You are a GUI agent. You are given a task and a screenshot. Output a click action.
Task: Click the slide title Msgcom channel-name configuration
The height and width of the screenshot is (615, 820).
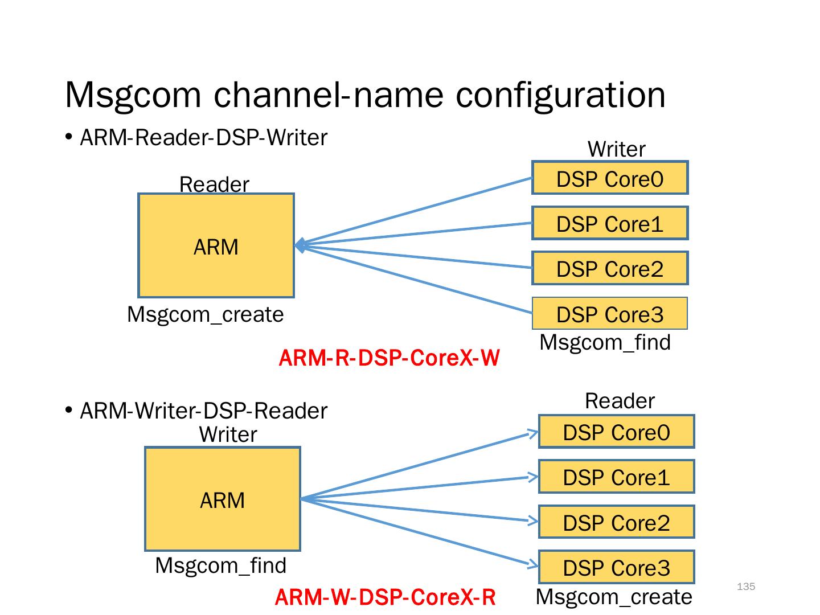coord(365,95)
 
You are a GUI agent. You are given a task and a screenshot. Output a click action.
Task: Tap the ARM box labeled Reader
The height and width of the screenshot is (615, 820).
coord(216,245)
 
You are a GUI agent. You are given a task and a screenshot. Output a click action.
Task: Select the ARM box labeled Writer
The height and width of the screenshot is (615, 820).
coord(223,499)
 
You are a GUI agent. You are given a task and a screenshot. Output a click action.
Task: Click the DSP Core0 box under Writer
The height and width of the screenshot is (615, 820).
coord(610,178)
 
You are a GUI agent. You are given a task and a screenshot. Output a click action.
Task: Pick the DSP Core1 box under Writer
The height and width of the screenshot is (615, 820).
coord(610,223)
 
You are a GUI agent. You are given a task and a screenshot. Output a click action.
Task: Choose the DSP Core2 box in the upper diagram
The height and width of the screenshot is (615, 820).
coord(610,268)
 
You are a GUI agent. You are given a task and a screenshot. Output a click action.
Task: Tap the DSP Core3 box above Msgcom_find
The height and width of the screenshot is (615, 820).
coord(610,314)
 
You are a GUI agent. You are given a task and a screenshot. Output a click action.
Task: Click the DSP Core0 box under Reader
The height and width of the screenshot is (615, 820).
coord(617,432)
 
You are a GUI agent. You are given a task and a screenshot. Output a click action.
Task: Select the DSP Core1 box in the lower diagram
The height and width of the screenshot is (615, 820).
coord(617,477)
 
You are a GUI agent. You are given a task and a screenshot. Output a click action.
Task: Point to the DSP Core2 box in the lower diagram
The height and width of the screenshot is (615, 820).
coord(617,522)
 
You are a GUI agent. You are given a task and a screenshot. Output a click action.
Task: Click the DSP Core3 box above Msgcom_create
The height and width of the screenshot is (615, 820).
coord(617,567)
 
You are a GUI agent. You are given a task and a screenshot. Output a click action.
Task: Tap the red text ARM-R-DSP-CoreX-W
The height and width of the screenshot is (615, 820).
coord(389,358)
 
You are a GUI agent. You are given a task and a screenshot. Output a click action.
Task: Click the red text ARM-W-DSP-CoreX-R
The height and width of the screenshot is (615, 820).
coord(386,597)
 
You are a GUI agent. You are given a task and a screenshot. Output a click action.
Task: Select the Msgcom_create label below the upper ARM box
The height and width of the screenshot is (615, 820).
coord(206,314)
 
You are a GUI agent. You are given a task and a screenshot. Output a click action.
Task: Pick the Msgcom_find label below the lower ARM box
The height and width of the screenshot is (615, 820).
coord(221,565)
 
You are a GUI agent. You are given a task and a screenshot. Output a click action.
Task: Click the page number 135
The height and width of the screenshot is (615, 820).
coord(746,587)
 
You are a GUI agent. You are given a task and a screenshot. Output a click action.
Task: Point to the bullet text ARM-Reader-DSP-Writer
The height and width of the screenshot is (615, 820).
coord(203,138)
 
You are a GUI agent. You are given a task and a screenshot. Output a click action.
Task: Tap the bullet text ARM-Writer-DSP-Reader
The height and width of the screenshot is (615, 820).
coord(203,411)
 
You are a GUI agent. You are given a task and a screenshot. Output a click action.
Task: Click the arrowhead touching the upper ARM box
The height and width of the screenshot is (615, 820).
coord(300,245)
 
